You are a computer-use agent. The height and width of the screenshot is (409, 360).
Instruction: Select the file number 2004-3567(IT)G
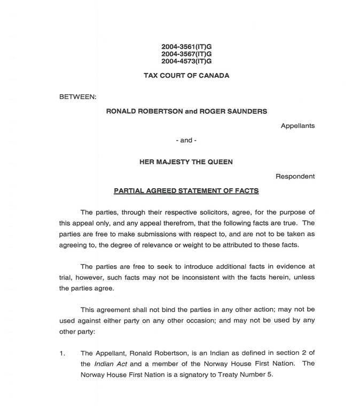[186, 54]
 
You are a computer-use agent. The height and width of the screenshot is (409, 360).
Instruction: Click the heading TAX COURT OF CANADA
[186, 75]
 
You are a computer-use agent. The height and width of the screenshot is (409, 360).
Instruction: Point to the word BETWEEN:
[77, 97]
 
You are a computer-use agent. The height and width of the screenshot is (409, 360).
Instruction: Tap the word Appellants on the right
[298, 126]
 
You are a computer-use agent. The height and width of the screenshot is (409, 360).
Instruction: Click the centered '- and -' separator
[186, 140]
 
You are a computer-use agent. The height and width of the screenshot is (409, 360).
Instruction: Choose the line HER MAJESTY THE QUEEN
[186, 161]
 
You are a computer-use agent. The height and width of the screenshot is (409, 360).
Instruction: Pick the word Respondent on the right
[295, 176]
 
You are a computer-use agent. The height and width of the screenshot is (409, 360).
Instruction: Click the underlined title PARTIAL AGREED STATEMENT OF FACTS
[186, 190]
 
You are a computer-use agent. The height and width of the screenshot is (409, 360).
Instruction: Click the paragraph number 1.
[62, 353]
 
